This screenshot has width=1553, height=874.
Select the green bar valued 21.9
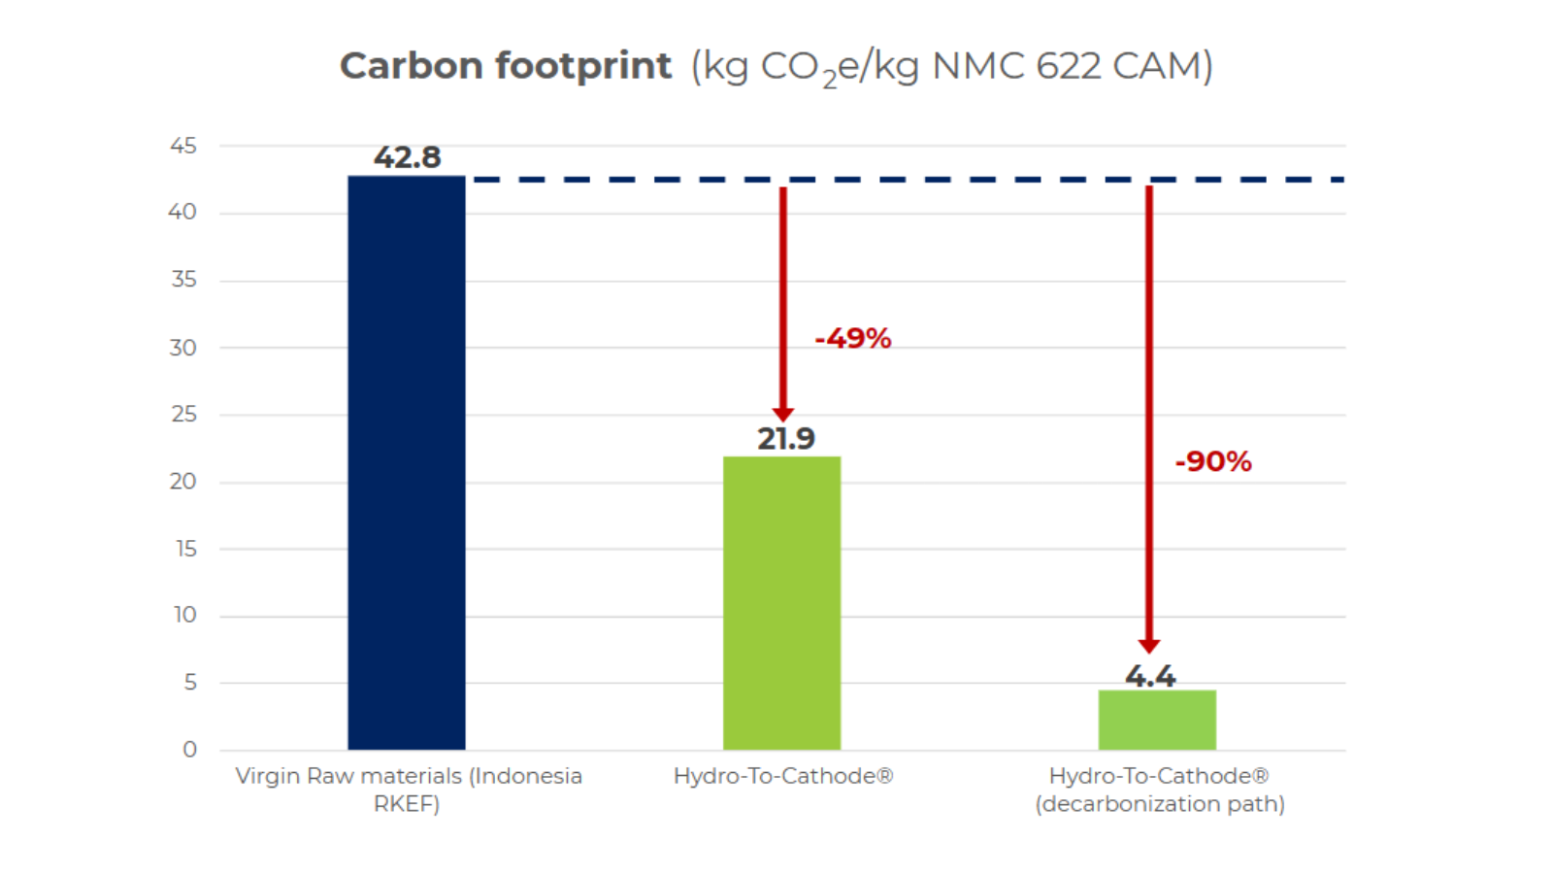tap(781, 602)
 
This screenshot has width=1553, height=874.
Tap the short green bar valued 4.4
tap(1156, 720)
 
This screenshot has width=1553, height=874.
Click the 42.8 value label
tap(407, 157)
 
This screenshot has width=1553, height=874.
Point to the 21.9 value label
tap(785, 439)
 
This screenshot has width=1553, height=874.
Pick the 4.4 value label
tap(1150, 676)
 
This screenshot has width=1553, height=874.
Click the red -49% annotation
tap(852, 339)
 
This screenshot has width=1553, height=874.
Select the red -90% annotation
tap(1212, 461)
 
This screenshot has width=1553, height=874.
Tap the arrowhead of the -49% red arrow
tap(783, 414)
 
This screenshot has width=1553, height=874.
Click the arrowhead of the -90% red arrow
tap(1149, 646)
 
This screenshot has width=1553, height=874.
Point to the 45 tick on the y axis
tap(182, 146)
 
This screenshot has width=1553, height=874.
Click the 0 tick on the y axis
tap(189, 750)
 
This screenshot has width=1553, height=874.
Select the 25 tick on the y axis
tap(182, 415)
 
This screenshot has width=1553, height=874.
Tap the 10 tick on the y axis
tap(184, 616)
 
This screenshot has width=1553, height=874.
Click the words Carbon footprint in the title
tap(505, 66)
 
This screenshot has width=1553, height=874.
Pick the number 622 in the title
tap(1068, 66)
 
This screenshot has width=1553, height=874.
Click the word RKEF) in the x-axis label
tap(407, 804)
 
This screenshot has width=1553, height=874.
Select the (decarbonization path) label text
tap(1159, 804)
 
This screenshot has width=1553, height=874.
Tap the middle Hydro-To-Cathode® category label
tap(782, 776)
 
